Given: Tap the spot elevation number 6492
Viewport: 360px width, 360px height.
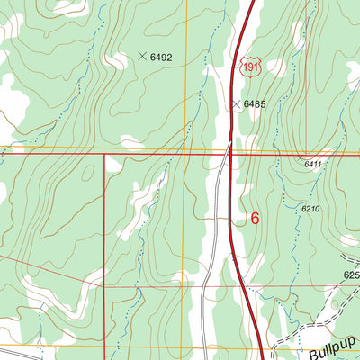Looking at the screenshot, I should pyautogui.click(x=161, y=57).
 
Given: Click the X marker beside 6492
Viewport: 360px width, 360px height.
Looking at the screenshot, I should pyautogui.click(x=141, y=56).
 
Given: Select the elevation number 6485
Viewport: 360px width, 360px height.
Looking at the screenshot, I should pyautogui.click(x=256, y=104).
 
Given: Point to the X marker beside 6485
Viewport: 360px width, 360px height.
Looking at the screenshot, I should pyautogui.click(x=236, y=104).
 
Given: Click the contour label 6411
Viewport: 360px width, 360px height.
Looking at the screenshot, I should pyautogui.click(x=312, y=165).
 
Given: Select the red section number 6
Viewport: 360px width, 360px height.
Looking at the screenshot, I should pyautogui.click(x=255, y=218).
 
